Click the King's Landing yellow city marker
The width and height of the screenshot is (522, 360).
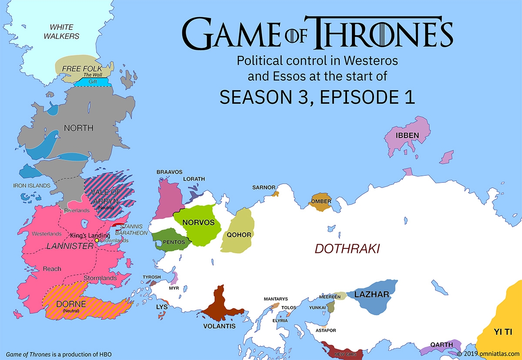pyautogui.click(x=97, y=240)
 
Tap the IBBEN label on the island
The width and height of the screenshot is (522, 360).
pyautogui.click(x=407, y=135)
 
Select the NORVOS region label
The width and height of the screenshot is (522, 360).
pyautogui.click(x=198, y=222)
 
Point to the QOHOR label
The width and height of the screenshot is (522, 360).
pyautogui.click(x=239, y=235)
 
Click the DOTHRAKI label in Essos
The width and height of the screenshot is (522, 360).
pyautogui.click(x=347, y=249)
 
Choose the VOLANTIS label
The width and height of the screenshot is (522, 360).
pyautogui.click(x=219, y=326)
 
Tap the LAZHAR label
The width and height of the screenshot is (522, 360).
pyautogui.click(x=371, y=295)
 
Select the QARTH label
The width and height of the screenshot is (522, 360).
pyautogui.click(x=442, y=345)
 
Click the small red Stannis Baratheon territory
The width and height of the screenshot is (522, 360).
pyautogui.click(x=118, y=225)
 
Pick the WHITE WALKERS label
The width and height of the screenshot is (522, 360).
pyautogui.click(x=61, y=32)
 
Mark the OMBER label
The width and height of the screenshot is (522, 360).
pyautogui.click(x=321, y=201)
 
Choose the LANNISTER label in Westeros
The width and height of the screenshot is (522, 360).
pyautogui.click(x=70, y=246)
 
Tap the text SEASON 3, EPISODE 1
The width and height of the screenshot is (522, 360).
pyautogui.click(x=317, y=97)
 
